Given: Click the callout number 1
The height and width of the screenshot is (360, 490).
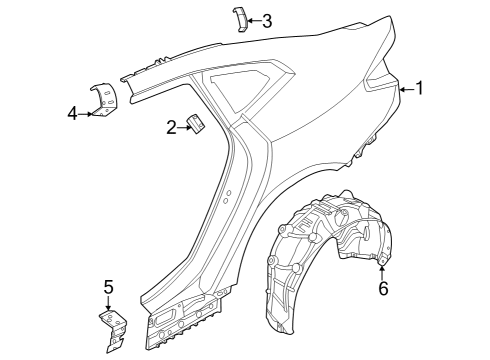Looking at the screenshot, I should [420, 88].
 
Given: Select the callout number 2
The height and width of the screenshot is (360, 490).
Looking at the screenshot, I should [172, 126].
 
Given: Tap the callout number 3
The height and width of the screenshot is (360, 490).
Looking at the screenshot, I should [266, 20].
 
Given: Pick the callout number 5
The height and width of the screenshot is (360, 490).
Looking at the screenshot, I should [109, 288].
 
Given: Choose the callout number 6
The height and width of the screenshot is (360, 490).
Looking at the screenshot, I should [382, 289].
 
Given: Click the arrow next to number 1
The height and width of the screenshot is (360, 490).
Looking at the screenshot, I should [404, 89].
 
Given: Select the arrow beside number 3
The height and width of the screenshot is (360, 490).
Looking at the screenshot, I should [251, 20].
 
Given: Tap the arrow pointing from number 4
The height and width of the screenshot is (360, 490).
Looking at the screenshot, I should [87, 113].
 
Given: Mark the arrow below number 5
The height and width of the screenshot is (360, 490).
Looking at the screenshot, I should [109, 306].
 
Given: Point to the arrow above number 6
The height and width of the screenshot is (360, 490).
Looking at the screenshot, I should [382, 268].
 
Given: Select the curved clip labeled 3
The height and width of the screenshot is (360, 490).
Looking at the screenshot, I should [240, 20].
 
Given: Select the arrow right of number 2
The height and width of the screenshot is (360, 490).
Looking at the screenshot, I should [184, 126].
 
